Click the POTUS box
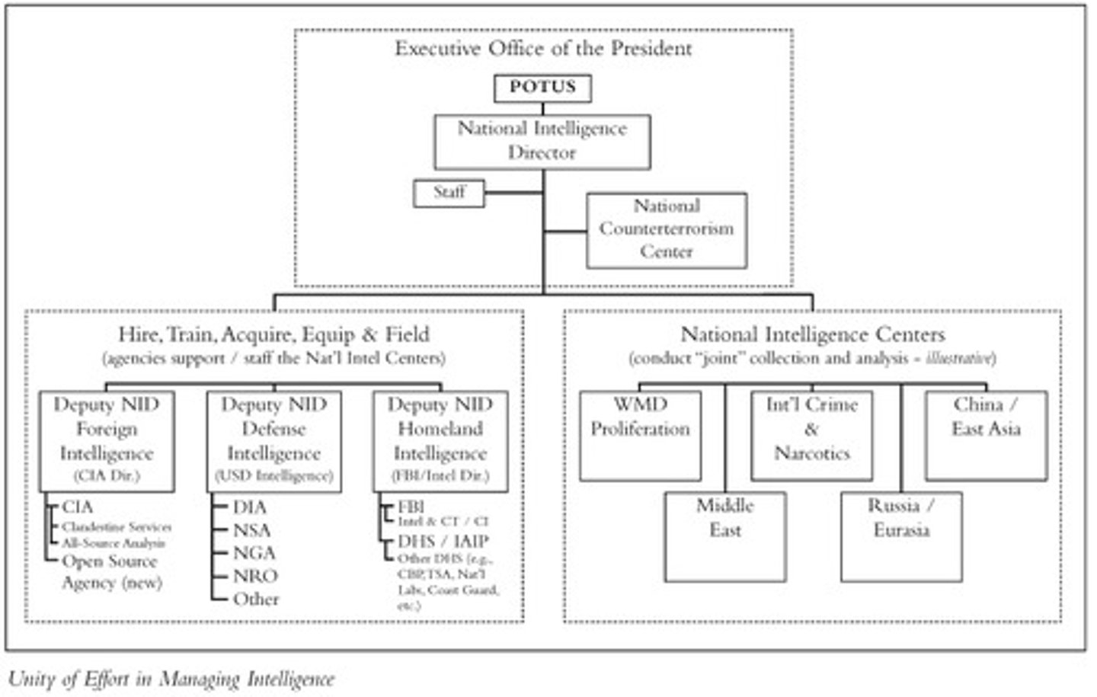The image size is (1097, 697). click(542, 88)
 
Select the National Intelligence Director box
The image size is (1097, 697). click(542, 141)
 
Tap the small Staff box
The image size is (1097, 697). click(449, 192)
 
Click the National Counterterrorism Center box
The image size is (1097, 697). click(667, 229)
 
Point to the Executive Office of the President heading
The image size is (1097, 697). click(543, 49)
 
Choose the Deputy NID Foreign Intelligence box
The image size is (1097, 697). click(107, 440)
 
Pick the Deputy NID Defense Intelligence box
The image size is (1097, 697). click(273, 440)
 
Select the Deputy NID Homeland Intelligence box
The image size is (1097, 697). click(440, 440)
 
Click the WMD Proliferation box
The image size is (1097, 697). click(640, 435)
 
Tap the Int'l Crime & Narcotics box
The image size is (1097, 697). click(811, 435)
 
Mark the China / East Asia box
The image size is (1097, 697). click(986, 435)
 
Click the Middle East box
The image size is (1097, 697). click(724, 536)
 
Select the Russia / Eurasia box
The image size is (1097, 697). click(901, 536)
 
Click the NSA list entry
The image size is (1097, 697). click(251, 530)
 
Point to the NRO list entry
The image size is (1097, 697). click(255, 576)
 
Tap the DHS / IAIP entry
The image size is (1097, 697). click(443, 542)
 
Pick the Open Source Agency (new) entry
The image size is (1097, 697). click(111, 572)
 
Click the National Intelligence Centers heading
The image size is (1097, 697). click(812, 334)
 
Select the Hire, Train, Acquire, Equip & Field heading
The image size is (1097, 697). click(273, 334)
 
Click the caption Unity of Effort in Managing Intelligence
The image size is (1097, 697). click(171, 679)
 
